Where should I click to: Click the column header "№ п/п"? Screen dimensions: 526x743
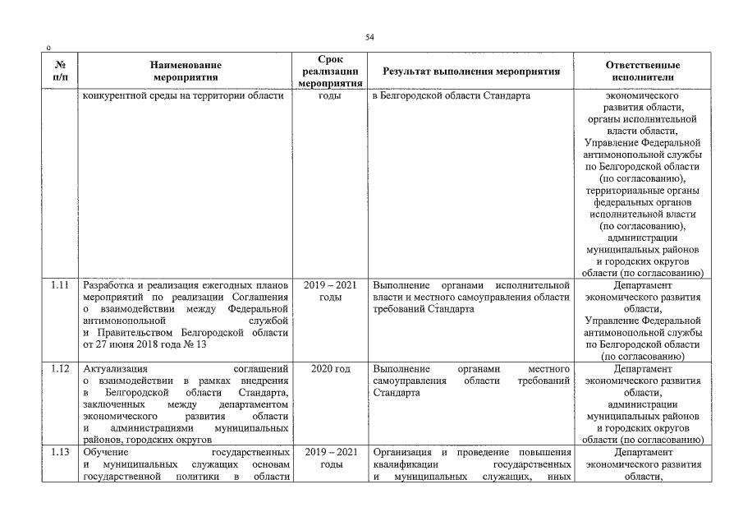[x=60, y=72]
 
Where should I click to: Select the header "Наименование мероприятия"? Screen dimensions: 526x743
[x=186, y=72]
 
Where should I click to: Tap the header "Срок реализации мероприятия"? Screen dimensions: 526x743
[x=329, y=72]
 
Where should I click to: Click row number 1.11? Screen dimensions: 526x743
[x=59, y=284]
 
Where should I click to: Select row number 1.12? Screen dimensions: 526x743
[x=59, y=369]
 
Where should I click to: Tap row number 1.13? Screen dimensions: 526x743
[x=59, y=453]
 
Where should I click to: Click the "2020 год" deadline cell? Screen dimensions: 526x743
[x=329, y=369]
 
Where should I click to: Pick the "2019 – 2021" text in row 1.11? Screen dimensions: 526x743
[x=329, y=284]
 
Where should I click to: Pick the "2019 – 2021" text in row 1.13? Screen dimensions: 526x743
[x=329, y=453]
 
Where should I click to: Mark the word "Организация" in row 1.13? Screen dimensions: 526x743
[x=403, y=453]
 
